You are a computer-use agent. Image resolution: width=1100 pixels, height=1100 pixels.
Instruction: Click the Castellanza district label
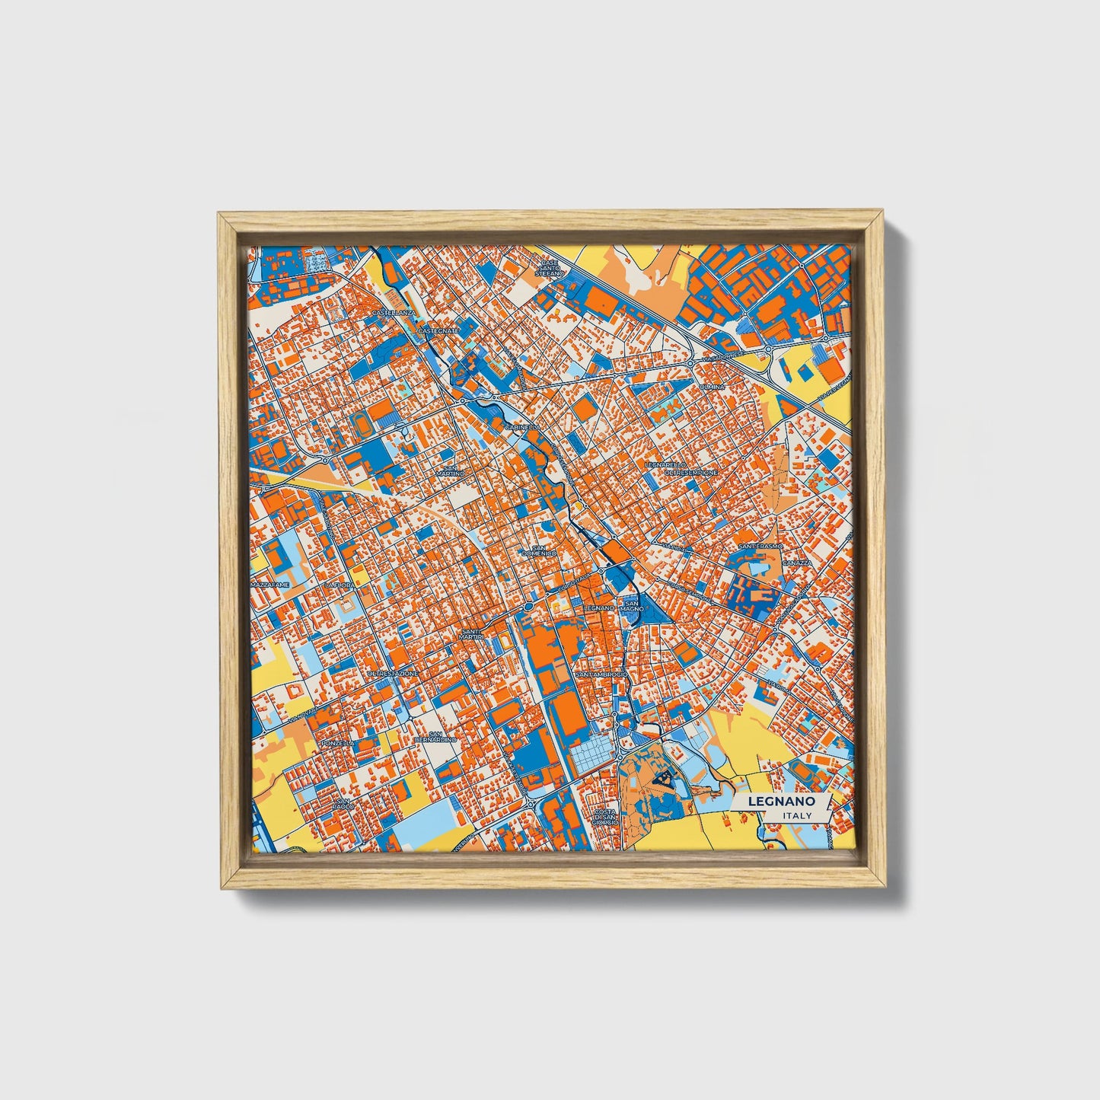coord(394,313)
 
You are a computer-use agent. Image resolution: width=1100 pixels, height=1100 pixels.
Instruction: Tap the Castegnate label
coord(438,331)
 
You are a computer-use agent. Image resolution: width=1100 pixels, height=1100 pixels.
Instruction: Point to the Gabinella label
coord(521,428)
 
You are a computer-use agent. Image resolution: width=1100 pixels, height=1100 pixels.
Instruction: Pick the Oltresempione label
coord(690,473)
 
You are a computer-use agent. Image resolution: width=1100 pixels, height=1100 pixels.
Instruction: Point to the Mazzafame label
coord(270,585)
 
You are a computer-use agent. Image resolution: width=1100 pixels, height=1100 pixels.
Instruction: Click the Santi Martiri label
coord(471,633)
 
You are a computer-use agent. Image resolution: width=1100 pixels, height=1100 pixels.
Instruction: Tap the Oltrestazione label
coord(393,674)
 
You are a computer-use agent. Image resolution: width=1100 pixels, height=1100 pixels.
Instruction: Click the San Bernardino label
coord(435,736)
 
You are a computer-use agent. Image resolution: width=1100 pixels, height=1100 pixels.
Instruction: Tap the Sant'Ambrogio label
coord(601,675)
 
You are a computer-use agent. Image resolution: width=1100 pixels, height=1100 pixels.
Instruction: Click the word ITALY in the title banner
coord(796,815)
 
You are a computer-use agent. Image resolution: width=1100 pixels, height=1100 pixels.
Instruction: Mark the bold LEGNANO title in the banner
coord(781,802)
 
